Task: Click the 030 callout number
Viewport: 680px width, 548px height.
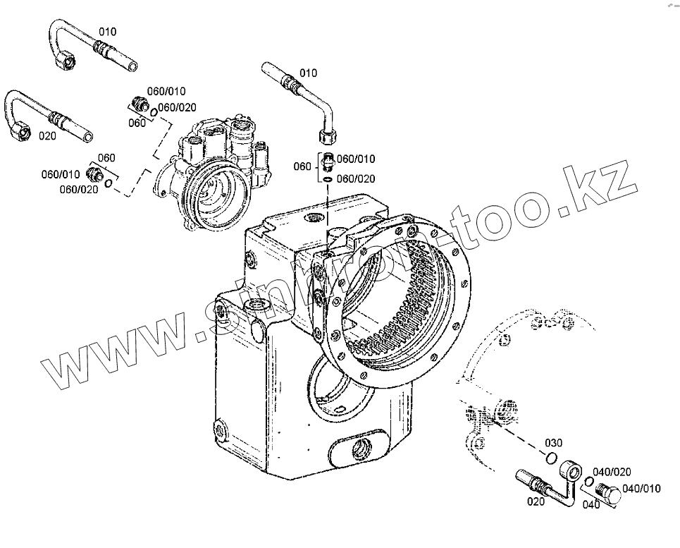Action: point(554,443)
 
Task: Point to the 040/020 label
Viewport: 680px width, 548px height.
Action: point(612,471)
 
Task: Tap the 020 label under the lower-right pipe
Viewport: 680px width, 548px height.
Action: point(535,501)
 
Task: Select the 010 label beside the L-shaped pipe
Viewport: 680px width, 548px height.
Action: point(309,73)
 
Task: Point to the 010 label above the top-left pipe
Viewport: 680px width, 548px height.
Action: point(107,32)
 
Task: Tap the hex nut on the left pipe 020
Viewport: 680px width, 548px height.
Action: point(19,128)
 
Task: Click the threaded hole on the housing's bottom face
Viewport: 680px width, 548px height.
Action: point(366,446)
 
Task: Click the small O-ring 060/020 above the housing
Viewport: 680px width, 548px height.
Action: point(328,180)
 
